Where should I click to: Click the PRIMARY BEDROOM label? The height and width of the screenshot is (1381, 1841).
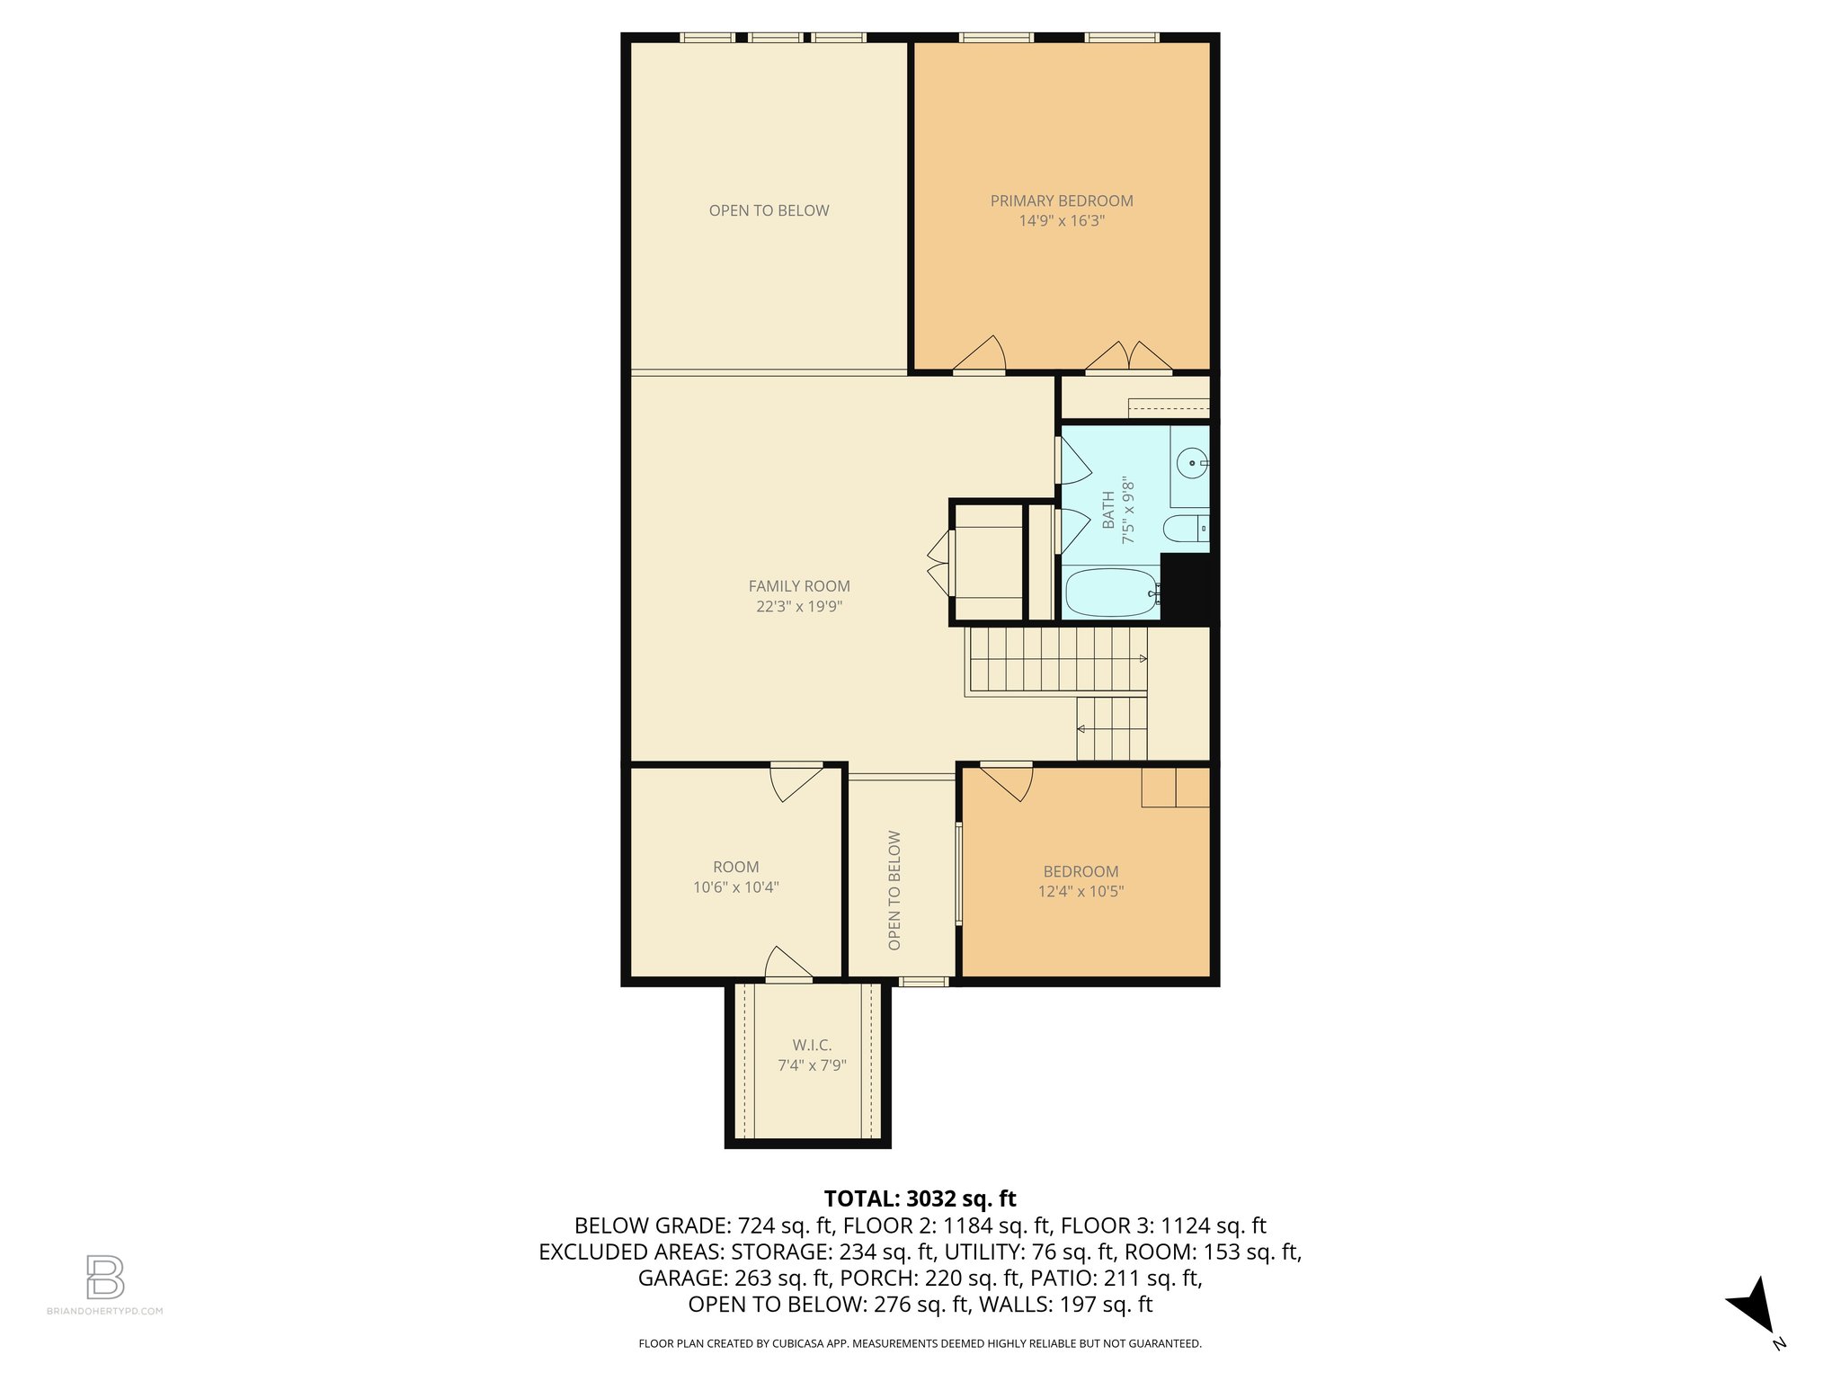click(x=1062, y=200)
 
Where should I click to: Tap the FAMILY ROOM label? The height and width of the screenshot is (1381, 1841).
click(x=799, y=586)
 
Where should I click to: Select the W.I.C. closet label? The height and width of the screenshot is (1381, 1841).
click(x=812, y=1045)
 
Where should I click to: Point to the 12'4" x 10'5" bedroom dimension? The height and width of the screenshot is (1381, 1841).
click(x=1081, y=891)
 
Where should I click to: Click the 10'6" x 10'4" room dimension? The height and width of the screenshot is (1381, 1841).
click(x=735, y=887)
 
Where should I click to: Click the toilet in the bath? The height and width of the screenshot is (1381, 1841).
click(x=1186, y=528)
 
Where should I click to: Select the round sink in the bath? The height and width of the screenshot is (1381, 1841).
click(x=1193, y=464)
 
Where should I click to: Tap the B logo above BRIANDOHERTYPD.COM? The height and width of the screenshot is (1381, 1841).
click(x=105, y=1277)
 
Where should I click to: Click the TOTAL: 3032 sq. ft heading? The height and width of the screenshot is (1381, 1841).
click(x=920, y=1198)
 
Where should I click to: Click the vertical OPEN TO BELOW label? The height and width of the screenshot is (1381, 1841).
click(x=894, y=890)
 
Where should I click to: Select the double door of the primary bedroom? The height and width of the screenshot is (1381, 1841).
click(x=1128, y=356)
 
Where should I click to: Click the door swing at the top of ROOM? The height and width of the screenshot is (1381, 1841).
click(x=796, y=781)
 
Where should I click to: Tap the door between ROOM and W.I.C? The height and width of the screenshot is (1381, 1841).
click(x=788, y=963)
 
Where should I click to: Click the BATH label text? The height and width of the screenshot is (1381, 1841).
click(x=1108, y=511)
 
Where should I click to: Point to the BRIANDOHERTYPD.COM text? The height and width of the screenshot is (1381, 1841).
click(x=105, y=1311)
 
